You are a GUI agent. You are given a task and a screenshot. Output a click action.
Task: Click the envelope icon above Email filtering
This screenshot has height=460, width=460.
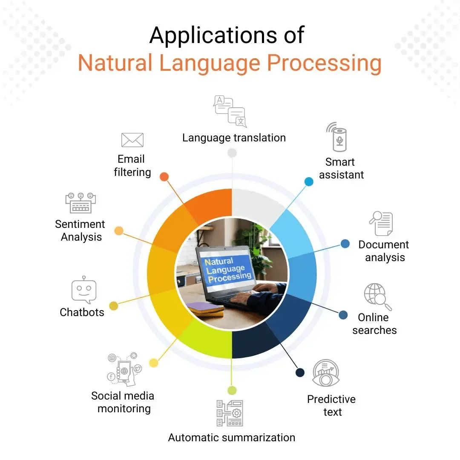click(x=132, y=140)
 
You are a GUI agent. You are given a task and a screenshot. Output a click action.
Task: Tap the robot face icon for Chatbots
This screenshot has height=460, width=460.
click(x=84, y=291)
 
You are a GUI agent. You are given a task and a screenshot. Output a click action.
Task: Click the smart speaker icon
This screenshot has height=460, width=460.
click(x=339, y=137)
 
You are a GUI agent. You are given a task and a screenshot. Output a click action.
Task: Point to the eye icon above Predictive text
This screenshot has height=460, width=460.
click(x=326, y=374)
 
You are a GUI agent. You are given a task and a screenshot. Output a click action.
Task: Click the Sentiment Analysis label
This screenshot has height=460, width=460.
click(x=80, y=230)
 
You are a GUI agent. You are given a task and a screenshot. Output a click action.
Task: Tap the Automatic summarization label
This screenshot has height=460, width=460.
click(x=231, y=437)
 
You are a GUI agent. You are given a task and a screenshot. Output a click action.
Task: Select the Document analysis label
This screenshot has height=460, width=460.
click(x=384, y=251)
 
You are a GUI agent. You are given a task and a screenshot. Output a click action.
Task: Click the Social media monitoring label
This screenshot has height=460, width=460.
click(x=123, y=402)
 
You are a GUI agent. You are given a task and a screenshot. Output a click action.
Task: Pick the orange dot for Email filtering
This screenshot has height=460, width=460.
click(x=164, y=177)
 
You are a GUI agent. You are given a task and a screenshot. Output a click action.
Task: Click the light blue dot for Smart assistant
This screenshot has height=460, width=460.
click(x=309, y=182)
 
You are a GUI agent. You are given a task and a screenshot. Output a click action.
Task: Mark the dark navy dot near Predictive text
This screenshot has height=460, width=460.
click(x=300, y=373)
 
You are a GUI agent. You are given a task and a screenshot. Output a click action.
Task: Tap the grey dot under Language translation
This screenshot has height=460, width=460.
click(x=232, y=152)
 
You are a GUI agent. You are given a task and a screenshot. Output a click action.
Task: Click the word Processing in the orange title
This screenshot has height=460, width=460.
click(x=324, y=63)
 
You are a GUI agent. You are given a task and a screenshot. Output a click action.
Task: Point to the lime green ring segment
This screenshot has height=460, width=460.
click(x=204, y=339)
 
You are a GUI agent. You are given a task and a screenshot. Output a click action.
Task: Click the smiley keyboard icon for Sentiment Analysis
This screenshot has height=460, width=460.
click(x=80, y=203)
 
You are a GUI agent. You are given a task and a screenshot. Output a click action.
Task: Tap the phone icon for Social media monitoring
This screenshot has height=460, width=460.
click(x=124, y=369)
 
